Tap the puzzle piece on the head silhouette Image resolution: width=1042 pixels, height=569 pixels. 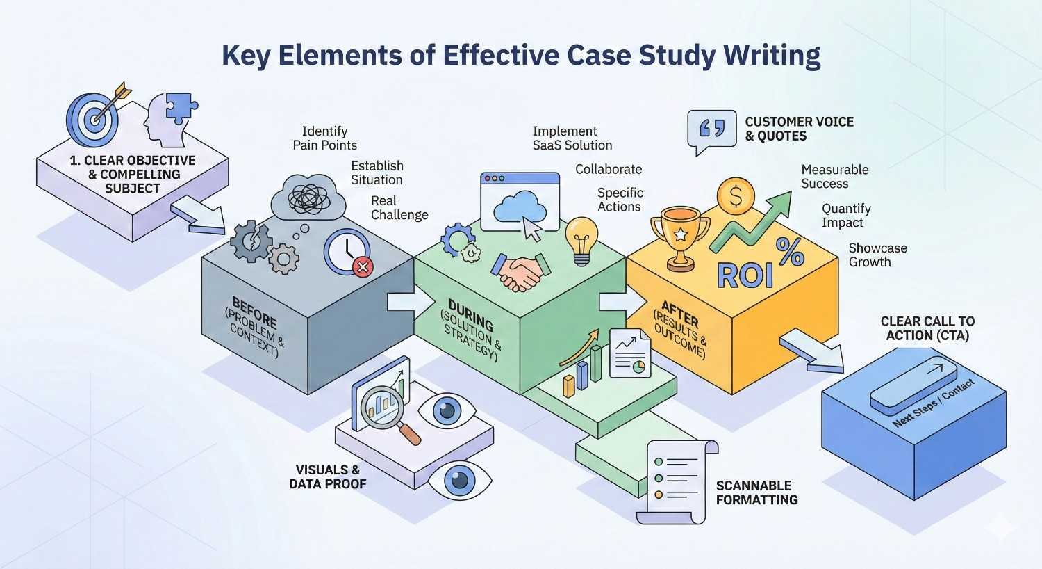[182, 107]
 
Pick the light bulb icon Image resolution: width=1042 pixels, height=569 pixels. [581, 239]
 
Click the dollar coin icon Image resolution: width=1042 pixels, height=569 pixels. [736, 198]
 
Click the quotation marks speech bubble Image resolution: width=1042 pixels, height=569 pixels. [711, 130]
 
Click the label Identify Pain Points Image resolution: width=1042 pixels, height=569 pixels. [324, 138]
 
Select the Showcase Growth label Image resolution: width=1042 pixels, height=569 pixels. [877, 255]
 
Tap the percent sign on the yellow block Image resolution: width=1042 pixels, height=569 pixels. [790, 251]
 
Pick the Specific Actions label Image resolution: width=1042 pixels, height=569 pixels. [620, 200]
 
